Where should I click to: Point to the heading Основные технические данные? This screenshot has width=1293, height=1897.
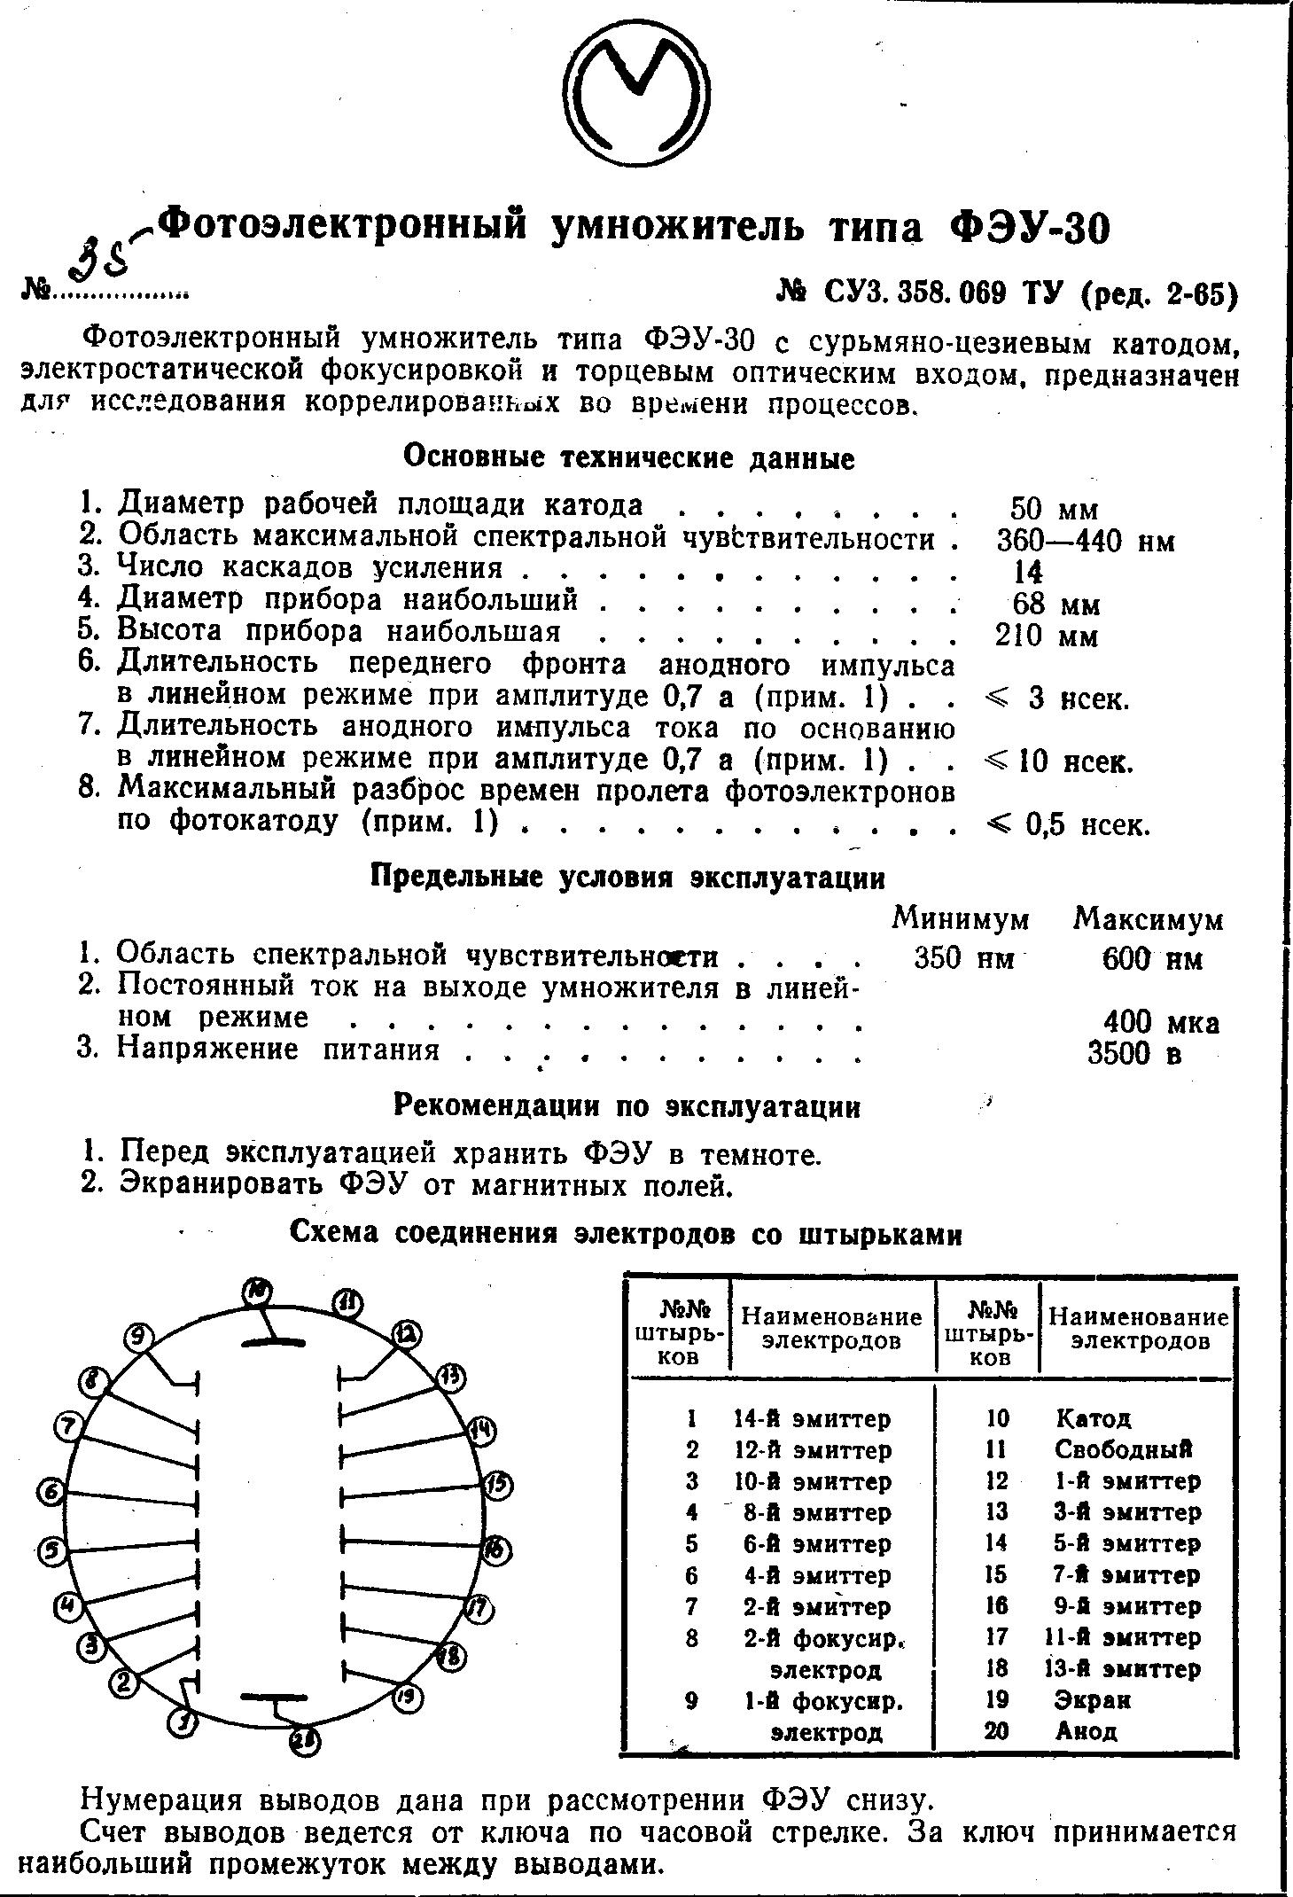click(x=628, y=458)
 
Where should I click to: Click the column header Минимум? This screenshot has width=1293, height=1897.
click(x=961, y=919)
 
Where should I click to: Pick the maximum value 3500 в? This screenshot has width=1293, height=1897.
click(x=1135, y=1053)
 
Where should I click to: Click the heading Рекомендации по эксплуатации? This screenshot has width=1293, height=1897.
click(x=627, y=1106)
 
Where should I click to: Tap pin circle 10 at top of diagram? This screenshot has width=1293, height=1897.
click(x=258, y=1293)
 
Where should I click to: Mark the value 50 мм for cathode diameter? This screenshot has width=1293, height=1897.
click(x=1054, y=510)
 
